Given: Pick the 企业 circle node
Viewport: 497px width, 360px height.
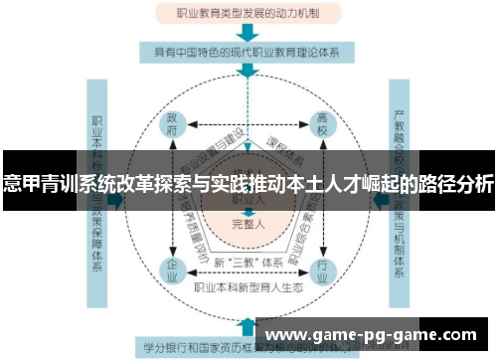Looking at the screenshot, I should (172, 268).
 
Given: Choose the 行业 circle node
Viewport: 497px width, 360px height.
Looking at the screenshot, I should (321, 268).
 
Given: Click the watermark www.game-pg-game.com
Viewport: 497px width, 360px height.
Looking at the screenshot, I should (374, 334).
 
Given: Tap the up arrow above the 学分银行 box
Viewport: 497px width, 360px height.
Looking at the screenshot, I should (246, 322).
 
